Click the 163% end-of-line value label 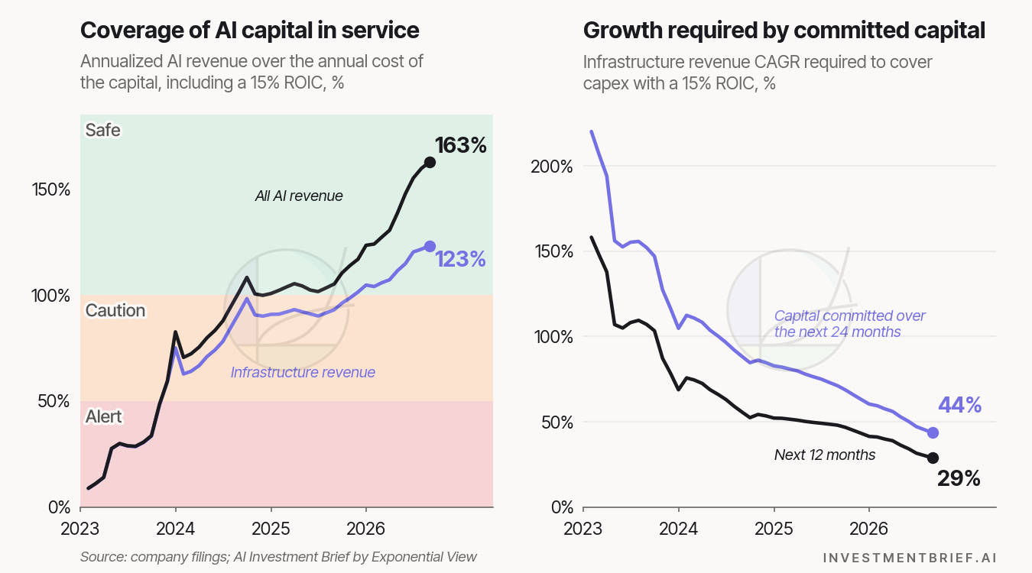point(461,145)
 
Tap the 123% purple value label point(461,259)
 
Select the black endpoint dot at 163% point(430,162)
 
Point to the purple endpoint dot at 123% point(430,247)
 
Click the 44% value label point(959,405)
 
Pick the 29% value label point(959,478)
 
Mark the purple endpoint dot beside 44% point(933,432)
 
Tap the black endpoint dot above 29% point(933,458)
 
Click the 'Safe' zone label point(102,130)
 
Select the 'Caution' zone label point(115,310)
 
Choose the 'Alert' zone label point(104,416)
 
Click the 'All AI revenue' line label point(299,196)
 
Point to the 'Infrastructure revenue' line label point(303,372)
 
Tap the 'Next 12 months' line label point(825,455)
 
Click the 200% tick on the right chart point(551,167)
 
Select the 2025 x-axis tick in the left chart point(271,529)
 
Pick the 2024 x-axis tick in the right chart point(678,529)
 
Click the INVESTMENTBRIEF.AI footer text point(910,558)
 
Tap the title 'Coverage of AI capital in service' point(250,31)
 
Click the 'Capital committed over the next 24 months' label point(849,324)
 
